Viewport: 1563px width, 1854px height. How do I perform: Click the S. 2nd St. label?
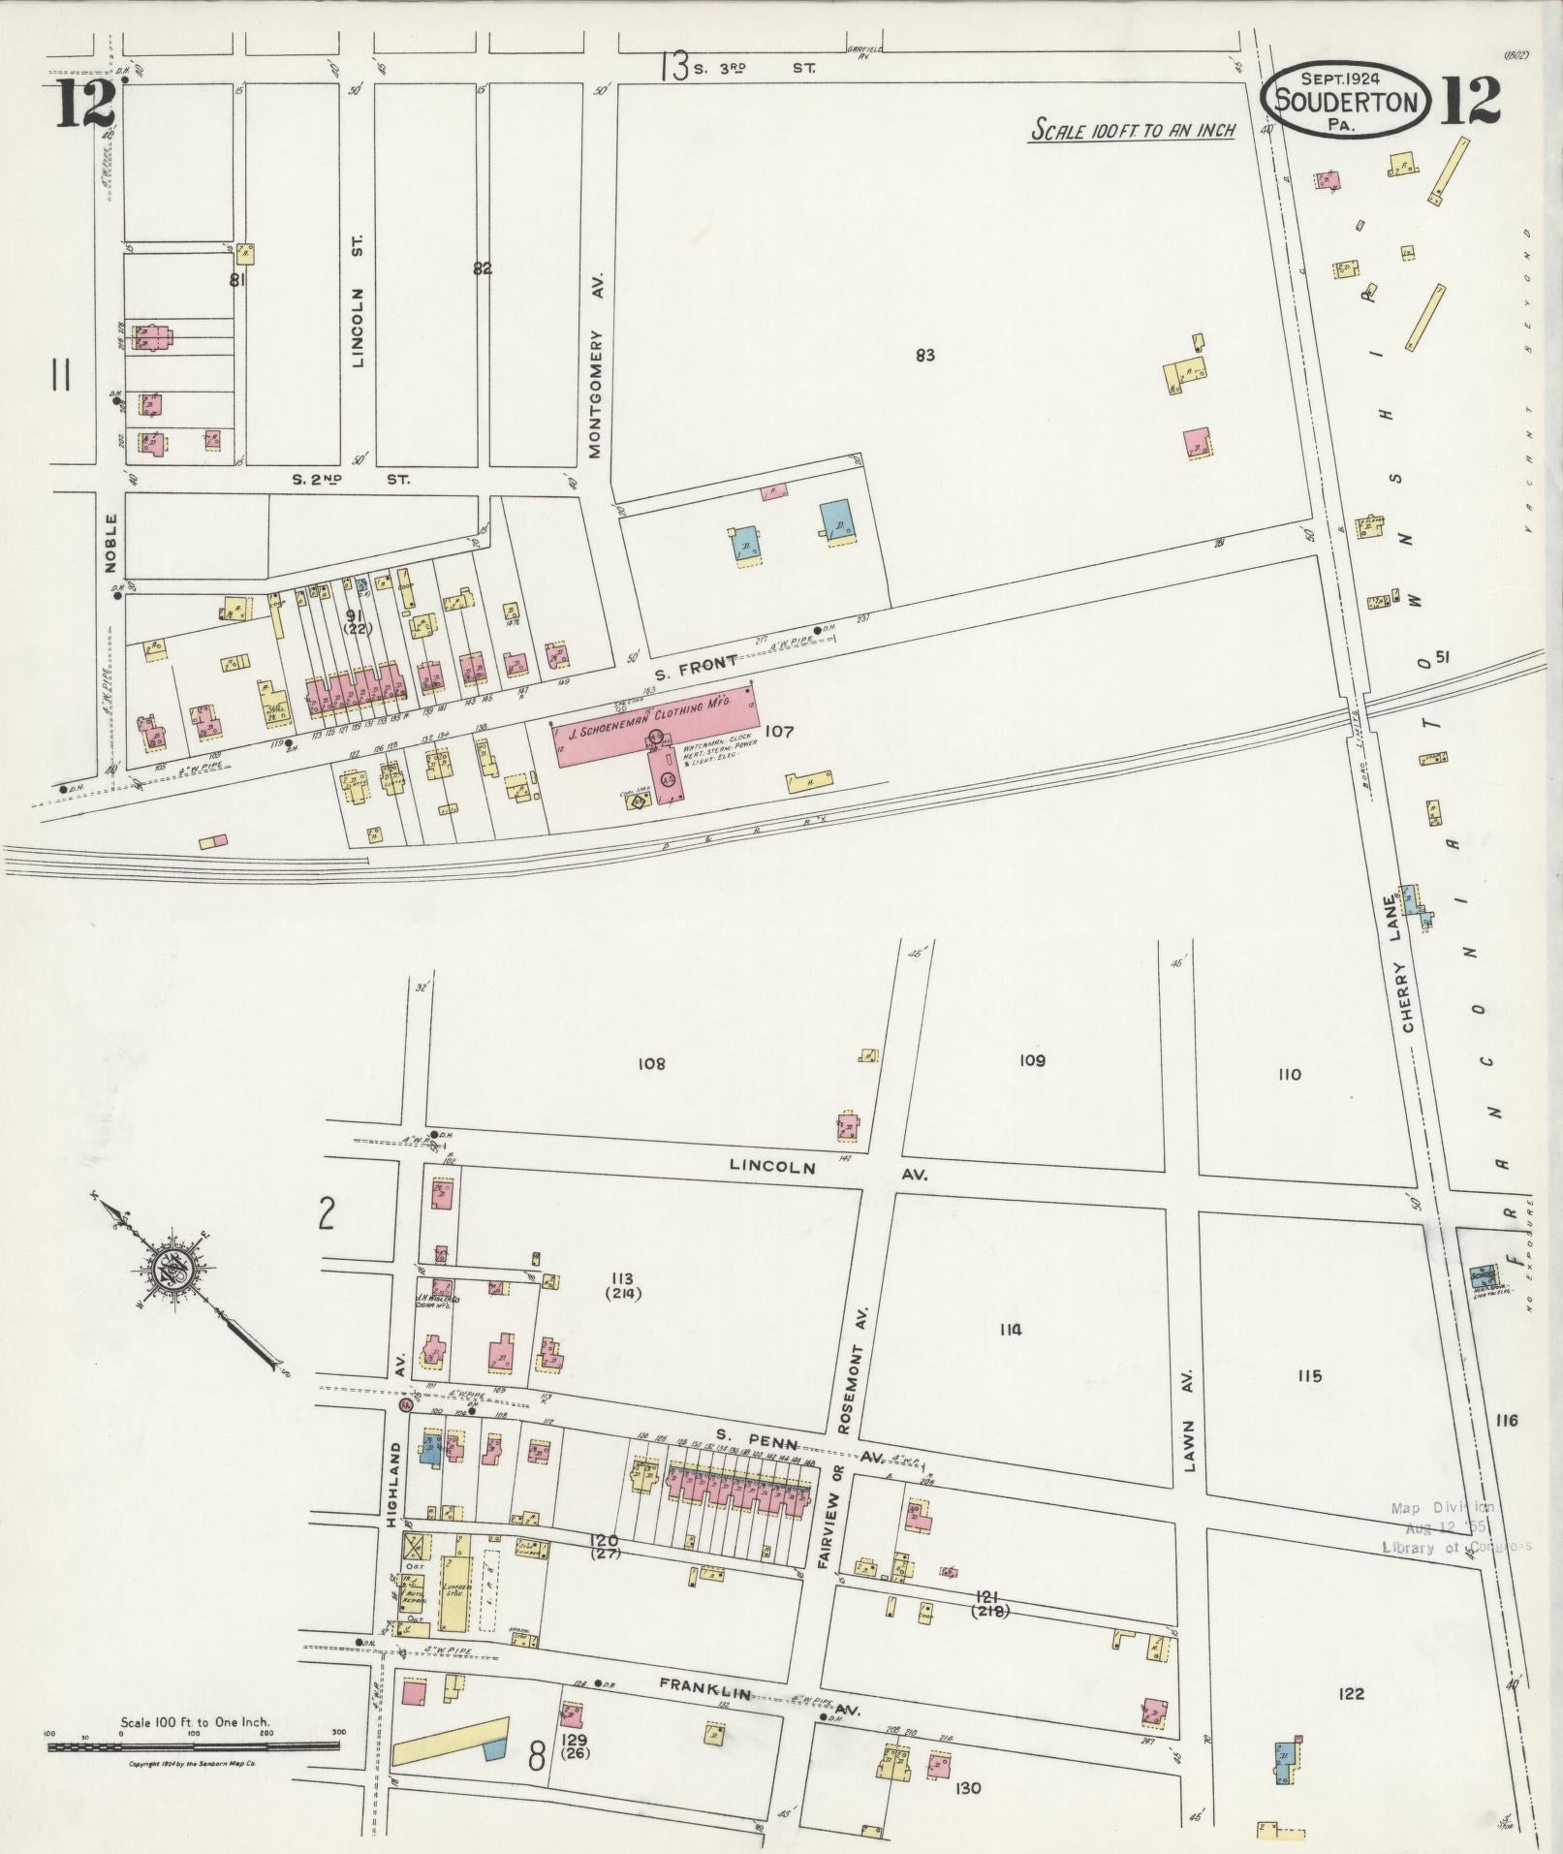pos(352,479)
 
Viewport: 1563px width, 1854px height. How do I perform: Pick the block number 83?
pos(924,356)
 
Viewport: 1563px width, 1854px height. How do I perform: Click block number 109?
pos(1032,1061)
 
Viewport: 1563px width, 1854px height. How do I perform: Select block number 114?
pos(1010,1331)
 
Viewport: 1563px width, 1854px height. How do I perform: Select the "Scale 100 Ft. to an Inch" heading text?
pos(1133,130)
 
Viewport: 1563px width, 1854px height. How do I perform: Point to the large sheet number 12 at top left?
pos(85,104)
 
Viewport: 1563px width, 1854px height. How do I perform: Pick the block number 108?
pos(651,1064)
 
